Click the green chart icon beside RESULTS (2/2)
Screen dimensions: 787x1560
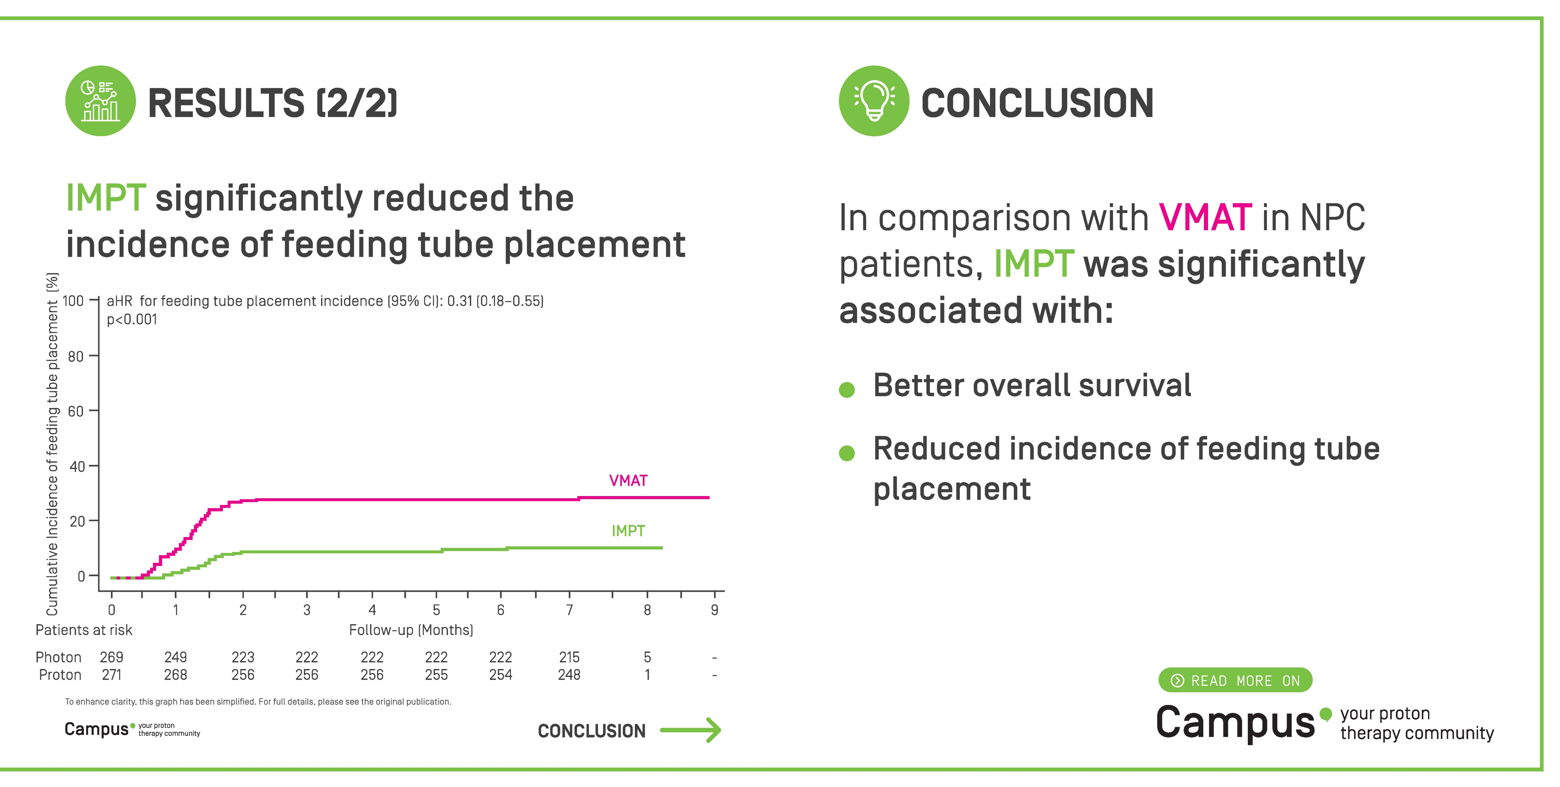pos(101,101)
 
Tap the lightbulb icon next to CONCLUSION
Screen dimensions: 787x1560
pos(873,101)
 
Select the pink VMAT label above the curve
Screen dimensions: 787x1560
pos(628,481)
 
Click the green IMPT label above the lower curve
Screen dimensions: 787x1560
pos(628,531)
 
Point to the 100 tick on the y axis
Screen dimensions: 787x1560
pos(73,300)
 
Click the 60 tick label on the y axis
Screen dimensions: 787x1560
pos(76,411)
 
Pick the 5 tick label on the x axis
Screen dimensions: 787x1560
pos(436,609)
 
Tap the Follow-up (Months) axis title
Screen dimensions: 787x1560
pos(411,630)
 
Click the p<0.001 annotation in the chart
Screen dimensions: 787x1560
pos(132,320)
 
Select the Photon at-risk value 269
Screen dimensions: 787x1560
pos(111,657)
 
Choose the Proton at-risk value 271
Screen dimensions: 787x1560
pos(111,675)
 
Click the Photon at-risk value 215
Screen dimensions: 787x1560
pos(569,657)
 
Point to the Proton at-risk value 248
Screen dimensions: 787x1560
pos(569,675)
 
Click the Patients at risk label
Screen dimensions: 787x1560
pos(83,630)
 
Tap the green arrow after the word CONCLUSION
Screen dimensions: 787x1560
pos(691,730)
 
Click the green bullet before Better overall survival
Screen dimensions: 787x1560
pos(846,390)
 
